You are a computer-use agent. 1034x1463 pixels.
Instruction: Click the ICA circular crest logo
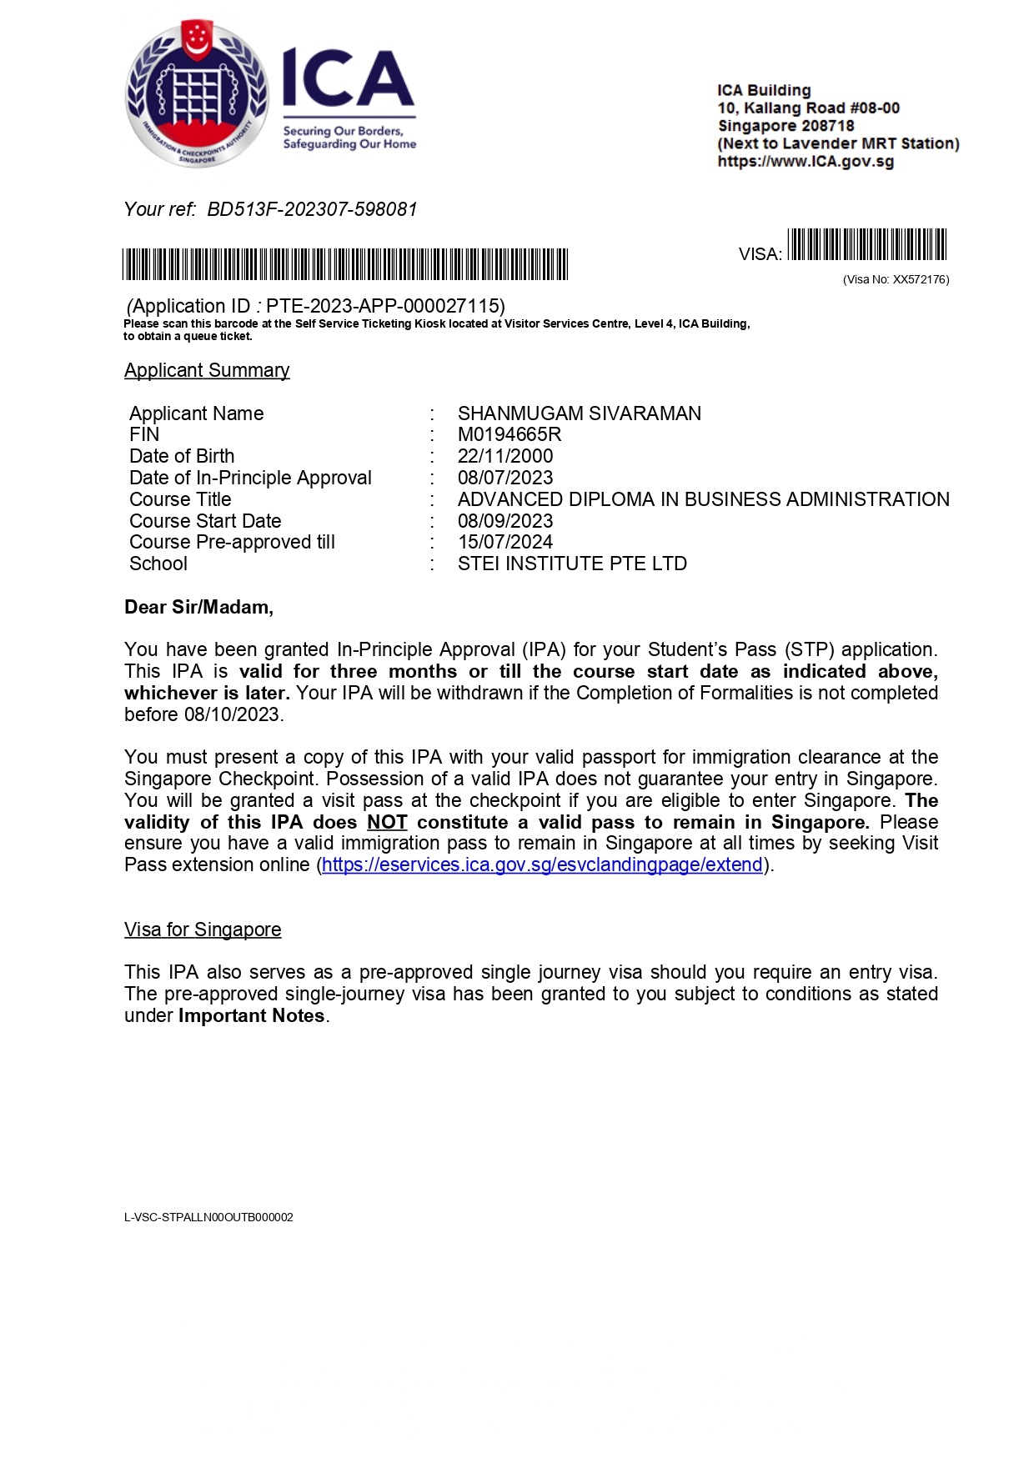[x=197, y=93]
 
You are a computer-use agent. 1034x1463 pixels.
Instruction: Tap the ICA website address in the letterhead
[x=806, y=162]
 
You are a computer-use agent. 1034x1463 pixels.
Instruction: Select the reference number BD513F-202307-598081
[x=312, y=209]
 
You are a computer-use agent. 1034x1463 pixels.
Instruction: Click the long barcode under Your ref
[x=345, y=264]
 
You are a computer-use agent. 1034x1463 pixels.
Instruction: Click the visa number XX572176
[x=921, y=280]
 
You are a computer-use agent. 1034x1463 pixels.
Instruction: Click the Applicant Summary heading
[x=207, y=370]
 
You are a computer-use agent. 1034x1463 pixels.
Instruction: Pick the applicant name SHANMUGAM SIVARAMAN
[x=580, y=413]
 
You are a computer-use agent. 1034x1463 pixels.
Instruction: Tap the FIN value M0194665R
[x=509, y=434]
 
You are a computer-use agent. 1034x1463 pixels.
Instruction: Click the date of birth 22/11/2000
[x=505, y=456]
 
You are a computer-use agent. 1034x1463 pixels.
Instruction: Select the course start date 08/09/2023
[x=505, y=521]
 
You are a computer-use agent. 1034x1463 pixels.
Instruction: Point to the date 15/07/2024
[x=505, y=542]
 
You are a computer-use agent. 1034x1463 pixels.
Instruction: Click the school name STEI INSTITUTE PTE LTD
[x=572, y=564]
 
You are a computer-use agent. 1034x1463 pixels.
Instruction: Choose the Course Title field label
[x=180, y=499]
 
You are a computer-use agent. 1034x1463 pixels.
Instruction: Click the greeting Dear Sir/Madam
[x=198, y=607]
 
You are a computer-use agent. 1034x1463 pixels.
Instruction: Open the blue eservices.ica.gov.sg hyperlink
[x=542, y=865]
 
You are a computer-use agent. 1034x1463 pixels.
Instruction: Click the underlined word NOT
[x=387, y=822]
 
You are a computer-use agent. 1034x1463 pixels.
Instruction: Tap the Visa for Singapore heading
[x=203, y=929]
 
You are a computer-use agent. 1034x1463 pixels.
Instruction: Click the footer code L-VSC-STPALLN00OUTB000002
[x=208, y=1217]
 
